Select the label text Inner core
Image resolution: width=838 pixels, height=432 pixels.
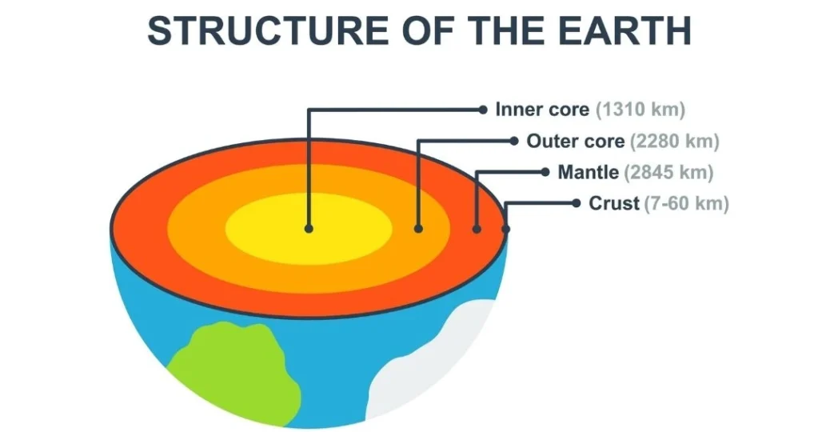point(542,109)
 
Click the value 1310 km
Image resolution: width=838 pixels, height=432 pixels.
point(640,109)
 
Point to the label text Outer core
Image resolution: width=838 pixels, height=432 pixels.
point(575,142)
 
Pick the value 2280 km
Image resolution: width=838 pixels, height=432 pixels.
point(675,142)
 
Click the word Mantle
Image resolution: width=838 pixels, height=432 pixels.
point(588,172)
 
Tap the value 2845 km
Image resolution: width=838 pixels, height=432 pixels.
point(668,172)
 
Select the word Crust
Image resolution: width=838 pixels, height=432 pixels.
point(615,203)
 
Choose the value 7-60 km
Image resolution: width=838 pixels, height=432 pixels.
point(687,203)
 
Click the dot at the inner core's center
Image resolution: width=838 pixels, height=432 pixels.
point(309,229)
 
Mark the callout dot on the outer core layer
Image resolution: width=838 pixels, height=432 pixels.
point(418,229)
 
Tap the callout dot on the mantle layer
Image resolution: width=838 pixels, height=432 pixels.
point(477,230)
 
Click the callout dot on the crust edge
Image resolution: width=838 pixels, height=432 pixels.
point(505,230)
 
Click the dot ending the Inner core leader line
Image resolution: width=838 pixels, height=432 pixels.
point(483,109)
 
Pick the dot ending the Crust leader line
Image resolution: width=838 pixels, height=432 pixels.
point(576,203)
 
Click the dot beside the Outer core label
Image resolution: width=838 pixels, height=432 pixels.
point(514,142)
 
